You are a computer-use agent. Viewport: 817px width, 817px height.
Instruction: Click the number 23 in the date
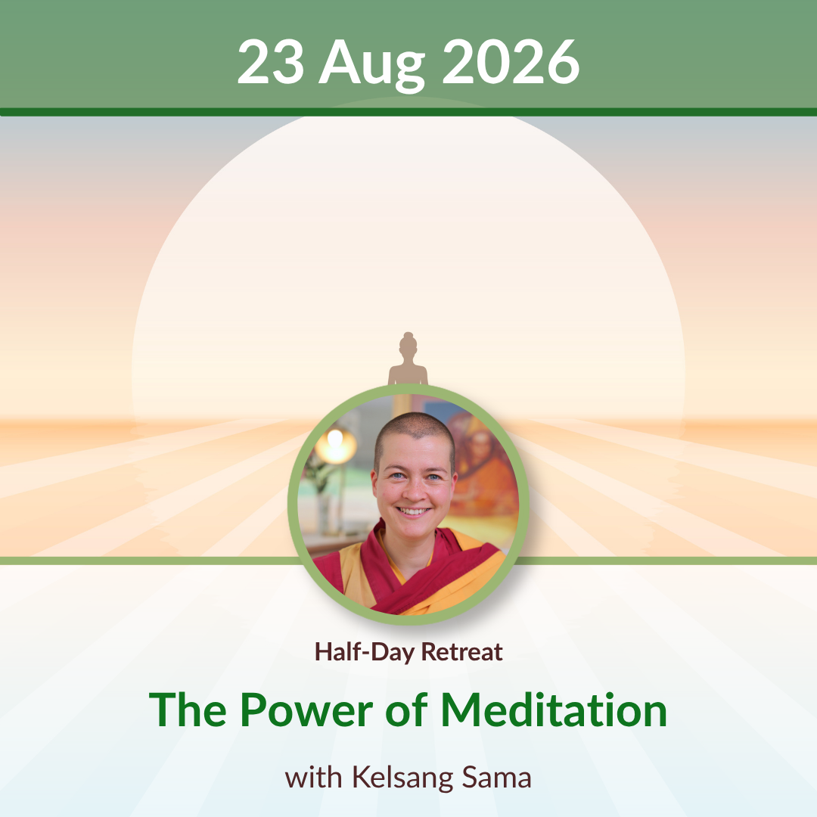[x=270, y=62]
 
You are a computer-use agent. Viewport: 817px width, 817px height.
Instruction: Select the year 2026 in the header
[x=511, y=62]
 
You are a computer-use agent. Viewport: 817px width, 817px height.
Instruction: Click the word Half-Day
[x=365, y=652]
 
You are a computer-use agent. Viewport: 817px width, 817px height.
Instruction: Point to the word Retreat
[x=461, y=651]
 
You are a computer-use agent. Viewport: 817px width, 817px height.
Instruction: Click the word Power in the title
[x=306, y=710]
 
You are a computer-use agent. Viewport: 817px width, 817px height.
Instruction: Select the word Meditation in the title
[x=554, y=710]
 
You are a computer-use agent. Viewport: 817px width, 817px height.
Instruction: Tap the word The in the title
[x=188, y=710]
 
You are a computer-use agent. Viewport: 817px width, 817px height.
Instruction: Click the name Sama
[x=496, y=778]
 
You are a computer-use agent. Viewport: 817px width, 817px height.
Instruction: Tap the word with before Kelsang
[x=313, y=778]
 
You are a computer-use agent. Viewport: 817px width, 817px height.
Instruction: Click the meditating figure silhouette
[x=408, y=359]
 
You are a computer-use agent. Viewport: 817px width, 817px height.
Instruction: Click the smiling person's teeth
[x=413, y=511]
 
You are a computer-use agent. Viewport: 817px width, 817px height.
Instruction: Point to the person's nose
[x=415, y=489]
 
